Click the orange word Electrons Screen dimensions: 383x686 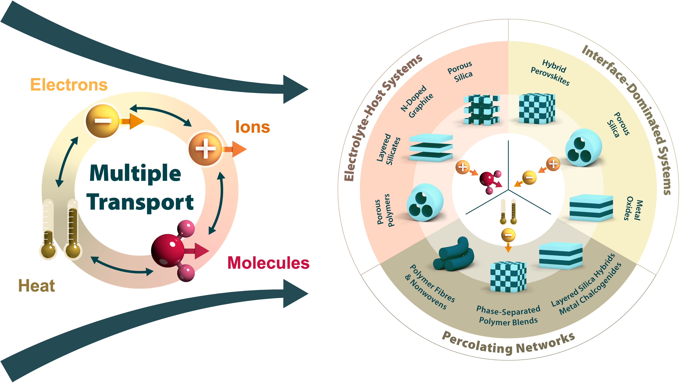pyautogui.click(x=69, y=85)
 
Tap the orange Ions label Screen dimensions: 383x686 pyautogui.click(x=253, y=127)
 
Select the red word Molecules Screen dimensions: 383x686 pyautogui.click(x=268, y=263)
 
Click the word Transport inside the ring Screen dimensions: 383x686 pyautogui.click(x=140, y=202)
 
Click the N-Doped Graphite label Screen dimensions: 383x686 pyautogui.click(x=417, y=102)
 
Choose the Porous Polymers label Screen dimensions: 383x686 pyautogui.click(x=384, y=210)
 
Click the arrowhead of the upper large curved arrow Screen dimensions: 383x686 pyautogui.click(x=294, y=89)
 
